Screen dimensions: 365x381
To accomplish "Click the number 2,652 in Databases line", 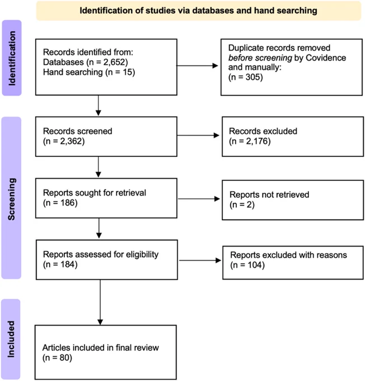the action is coord(114,62).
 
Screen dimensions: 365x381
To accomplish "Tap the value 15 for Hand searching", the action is coord(127,72).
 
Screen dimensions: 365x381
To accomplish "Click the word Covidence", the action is coord(326,58).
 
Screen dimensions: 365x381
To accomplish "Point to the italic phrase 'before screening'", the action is coord(260,58).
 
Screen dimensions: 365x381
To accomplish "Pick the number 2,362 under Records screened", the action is coord(71,141).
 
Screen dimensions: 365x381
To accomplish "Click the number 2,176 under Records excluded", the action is coord(257,141).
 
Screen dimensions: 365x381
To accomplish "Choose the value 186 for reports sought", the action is coord(68,203).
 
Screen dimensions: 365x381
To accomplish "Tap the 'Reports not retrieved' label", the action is coord(269,194).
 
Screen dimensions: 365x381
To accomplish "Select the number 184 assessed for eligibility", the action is coord(68,264).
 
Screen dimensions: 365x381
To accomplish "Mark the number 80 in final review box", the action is coord(64,357).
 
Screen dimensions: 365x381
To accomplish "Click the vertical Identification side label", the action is coord(12,58).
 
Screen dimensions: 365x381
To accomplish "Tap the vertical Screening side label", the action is coord(12,199).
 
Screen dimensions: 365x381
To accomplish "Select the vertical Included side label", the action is coord(11,339).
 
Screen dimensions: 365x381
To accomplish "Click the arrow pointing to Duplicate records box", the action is coord(197,66).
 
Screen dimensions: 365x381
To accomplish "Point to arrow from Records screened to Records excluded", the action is coord(198,136).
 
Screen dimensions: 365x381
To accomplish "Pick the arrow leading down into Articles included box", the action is coord(100,302).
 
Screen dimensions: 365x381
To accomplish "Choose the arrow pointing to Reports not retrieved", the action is coord(199,199).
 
